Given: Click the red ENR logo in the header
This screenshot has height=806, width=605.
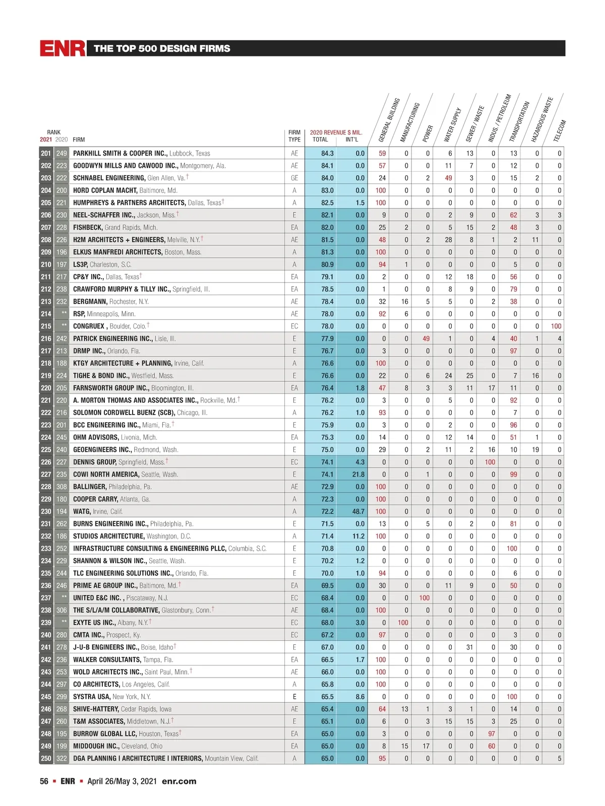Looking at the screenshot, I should (63, 48).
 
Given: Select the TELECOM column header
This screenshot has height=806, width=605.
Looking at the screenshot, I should (560, 131).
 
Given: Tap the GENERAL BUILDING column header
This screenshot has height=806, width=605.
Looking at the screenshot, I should (389, 120).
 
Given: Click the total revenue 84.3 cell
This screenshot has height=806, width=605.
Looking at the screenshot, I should (327, 153).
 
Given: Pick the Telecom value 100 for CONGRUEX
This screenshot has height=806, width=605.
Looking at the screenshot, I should (556, 326).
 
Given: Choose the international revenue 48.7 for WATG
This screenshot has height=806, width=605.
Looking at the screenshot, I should (358, 511).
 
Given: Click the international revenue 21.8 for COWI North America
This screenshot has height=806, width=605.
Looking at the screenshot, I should (358, 474).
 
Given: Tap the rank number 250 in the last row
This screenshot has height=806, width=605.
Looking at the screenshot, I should (46, 758).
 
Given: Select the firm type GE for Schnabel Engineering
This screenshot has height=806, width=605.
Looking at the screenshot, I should (294, 178).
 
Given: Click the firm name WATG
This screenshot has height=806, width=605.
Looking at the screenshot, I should (82, 511).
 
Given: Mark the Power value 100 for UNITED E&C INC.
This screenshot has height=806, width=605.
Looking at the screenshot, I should (425, 597).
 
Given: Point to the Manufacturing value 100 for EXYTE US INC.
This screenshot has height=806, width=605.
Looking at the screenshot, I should (403, 622).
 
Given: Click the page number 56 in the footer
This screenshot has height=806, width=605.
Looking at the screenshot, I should (44, 781).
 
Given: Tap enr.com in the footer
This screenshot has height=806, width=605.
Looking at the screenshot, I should (179, 781).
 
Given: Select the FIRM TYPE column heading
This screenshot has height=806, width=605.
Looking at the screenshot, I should (294, 136).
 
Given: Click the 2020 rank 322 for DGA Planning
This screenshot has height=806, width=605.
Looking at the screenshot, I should (62, 758).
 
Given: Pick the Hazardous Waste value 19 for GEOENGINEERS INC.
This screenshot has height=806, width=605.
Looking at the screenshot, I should (535, 449).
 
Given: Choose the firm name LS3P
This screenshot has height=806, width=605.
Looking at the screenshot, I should (81, 264).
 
